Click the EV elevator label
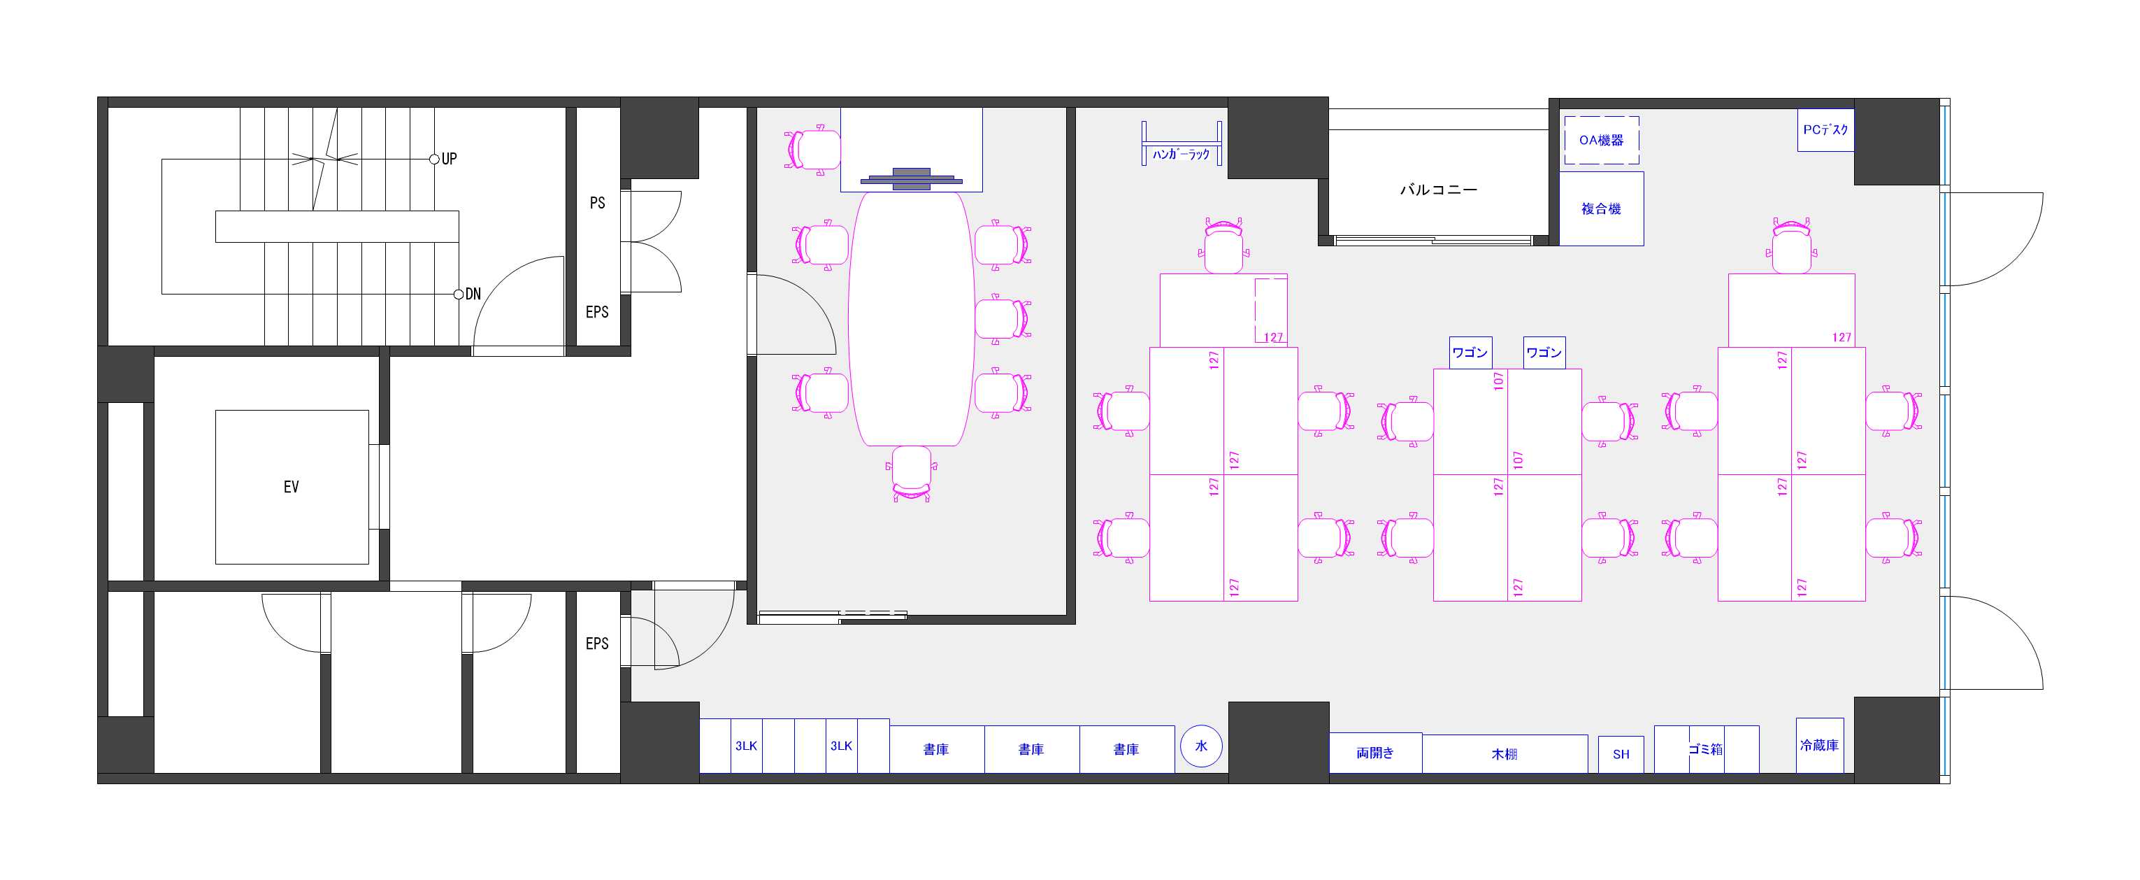click(291, 487)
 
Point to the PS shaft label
click(597, 203)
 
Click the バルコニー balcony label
click(1439, 190)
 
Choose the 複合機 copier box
click(1601, 208)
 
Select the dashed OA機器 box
click(1601, 140)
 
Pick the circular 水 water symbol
click(1201, 746)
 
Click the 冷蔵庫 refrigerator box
click(1819, 746)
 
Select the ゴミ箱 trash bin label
click(1706, 749)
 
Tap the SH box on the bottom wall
click(1621, 755)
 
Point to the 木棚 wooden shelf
click(1505, 753)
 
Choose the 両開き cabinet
click(1376, 753)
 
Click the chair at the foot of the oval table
click(912, 474)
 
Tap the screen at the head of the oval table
click(912, 178)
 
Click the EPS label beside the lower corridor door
click(597, 644)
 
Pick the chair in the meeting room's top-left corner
click(812, 150)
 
